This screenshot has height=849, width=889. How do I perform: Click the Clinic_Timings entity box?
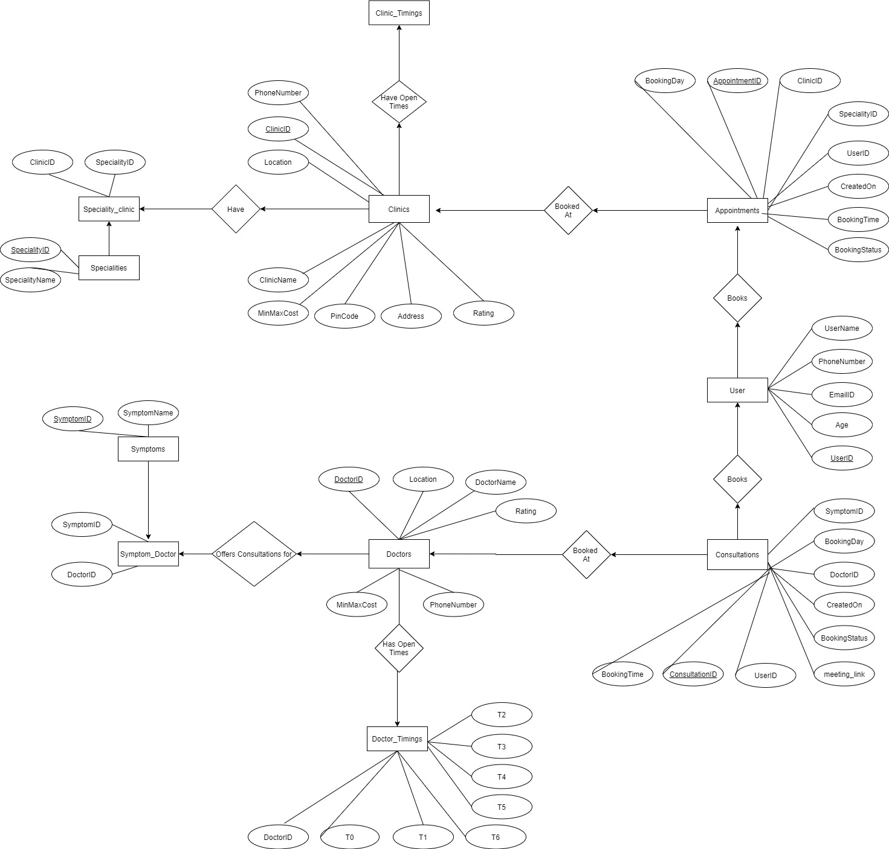pos(399,13)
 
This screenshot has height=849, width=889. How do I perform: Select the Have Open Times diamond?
pos(399,102)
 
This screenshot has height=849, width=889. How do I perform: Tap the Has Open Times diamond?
pos(399,648)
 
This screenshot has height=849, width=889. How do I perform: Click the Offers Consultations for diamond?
pos(254,554)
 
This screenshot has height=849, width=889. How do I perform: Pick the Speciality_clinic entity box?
pos(109,209)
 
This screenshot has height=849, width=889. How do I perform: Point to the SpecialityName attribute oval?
pos(30,280)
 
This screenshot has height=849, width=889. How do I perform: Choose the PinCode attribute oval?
pos(344,316)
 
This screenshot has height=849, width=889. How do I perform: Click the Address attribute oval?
pos(411,316)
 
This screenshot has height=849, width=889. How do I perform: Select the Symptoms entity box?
pos(148,449)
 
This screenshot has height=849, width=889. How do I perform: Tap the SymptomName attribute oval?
pos(148,413)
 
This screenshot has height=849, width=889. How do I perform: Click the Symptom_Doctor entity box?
pos(148,554)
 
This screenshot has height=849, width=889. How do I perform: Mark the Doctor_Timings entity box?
pos(397,738)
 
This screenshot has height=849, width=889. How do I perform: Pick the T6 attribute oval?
pos(496,837)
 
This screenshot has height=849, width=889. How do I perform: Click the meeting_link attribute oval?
pos(844,674)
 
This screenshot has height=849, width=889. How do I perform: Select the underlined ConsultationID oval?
pos(693,674)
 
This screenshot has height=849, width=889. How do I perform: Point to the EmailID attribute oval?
pos(842,394)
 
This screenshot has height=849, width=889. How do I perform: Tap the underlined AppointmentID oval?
pos(737,80)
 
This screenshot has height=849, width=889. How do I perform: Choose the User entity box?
pos(737,390)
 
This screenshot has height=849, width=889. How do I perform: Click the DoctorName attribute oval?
pos(496,482)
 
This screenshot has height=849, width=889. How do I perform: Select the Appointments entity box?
pos(737,210)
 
